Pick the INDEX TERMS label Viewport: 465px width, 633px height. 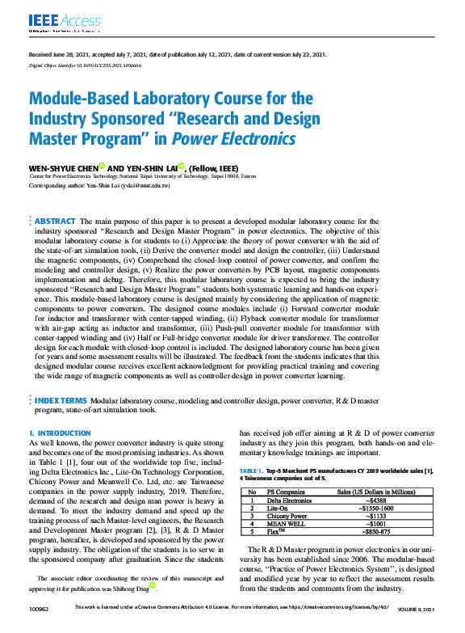pyautogui.click(x=60, y=400)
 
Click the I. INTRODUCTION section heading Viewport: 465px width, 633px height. pyautogui.click(x=59, y=434)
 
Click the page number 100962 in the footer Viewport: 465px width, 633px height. pyautogui.click(x=39, y=629)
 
